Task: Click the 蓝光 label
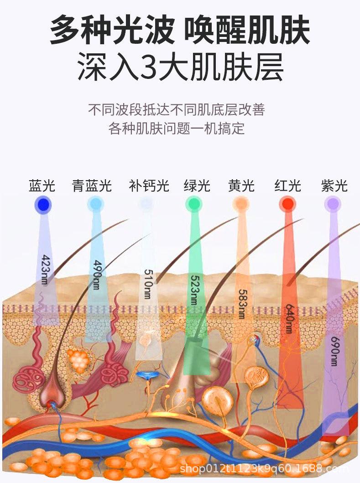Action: (42, 186)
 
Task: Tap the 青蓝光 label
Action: (92, 186)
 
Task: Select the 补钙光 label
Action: (149, 186)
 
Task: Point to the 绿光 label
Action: (197, 186)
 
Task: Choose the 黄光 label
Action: (241, 186)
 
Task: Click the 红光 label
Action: (288, 186)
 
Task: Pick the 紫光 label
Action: (334, 186)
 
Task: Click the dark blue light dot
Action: (42, 204)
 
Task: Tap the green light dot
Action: (193, 204)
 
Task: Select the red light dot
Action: (288, 204)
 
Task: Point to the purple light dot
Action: (333, 204)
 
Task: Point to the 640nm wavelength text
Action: (288, 318)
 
